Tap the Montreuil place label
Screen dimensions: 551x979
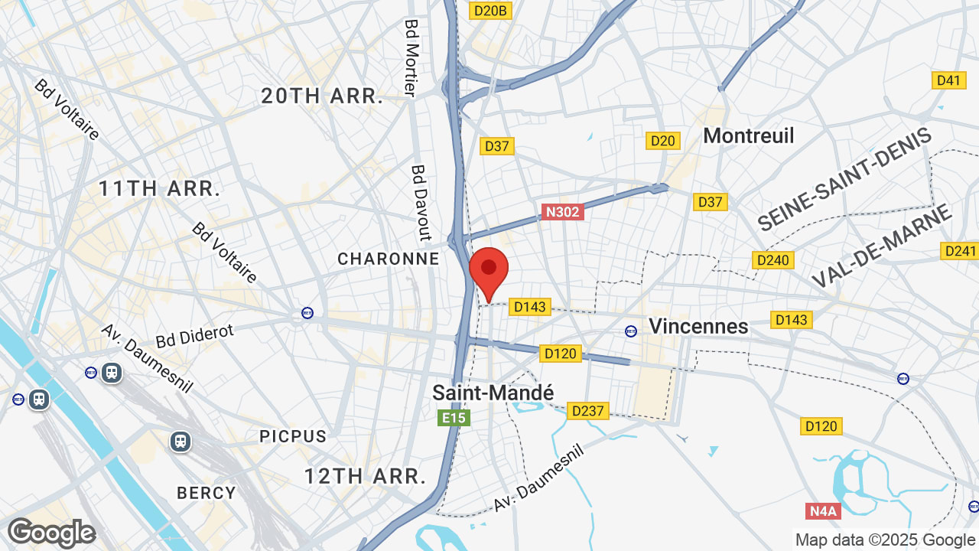coord(748,136)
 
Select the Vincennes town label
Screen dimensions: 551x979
coord(698,326)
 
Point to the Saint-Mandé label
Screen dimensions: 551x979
coord(493,393)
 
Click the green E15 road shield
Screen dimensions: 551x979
coord(453,418)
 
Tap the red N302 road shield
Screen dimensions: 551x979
coord(562,212)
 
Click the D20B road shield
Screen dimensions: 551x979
coord(490,11)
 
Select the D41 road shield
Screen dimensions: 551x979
coord(948,80)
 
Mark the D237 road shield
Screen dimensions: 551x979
coord(587,411)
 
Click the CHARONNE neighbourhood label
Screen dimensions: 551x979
coord(389,259)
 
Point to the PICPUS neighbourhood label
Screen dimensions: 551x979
coord(293,436)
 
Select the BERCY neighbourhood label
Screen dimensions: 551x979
coord(207,493)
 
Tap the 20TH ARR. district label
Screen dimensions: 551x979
coord(322,96)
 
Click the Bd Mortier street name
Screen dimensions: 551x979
coord(411,58)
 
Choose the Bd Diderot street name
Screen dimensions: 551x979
coord(194,335)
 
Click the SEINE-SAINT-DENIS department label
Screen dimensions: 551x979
coord(844,180)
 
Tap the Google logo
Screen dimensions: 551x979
coord(51,533)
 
